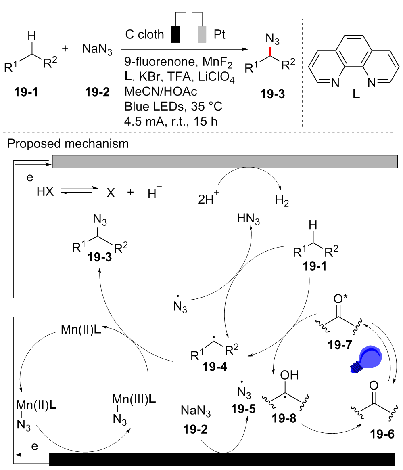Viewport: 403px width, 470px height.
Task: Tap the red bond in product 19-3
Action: coord(271,52)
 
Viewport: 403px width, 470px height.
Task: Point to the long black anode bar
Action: coord(222,459)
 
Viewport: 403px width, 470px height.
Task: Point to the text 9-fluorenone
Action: coord(148,63)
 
